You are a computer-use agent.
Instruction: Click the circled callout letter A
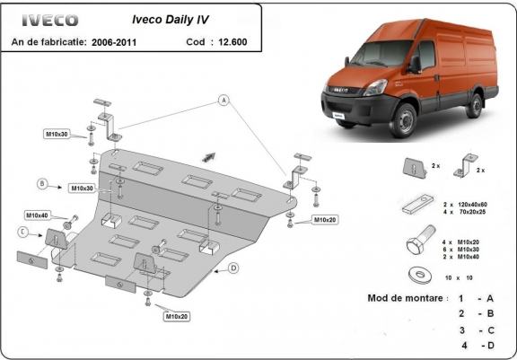click(219, 101)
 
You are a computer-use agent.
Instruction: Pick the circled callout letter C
click(22, 232)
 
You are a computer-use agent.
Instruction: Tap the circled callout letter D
click(232, 268)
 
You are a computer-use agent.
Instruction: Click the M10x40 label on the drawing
click(38, 215)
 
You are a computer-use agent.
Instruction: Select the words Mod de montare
click(405, 297)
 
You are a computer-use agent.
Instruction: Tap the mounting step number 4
click(464, 345)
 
